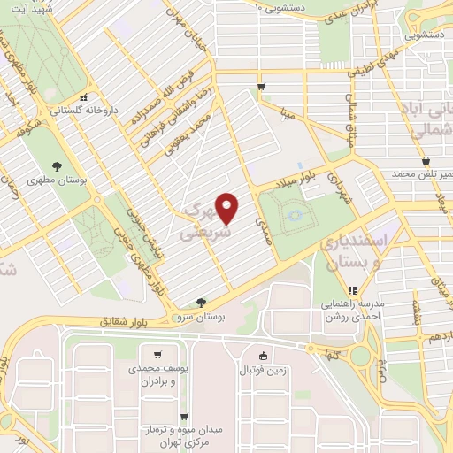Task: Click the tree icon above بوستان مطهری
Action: tap(58, 165)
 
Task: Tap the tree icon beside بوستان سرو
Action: tap(202, 303)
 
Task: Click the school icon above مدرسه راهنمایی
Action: tap(352, 289)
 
